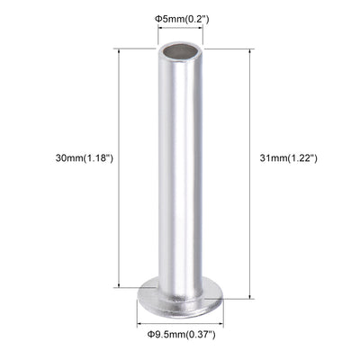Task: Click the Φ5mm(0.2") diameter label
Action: [181, 18]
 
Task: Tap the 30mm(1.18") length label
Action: [85, 158]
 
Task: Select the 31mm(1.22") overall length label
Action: [288, 158]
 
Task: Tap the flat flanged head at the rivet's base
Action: [181, 297]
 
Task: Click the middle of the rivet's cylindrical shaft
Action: [181, 171]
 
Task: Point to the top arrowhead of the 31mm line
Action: [248, 50]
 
